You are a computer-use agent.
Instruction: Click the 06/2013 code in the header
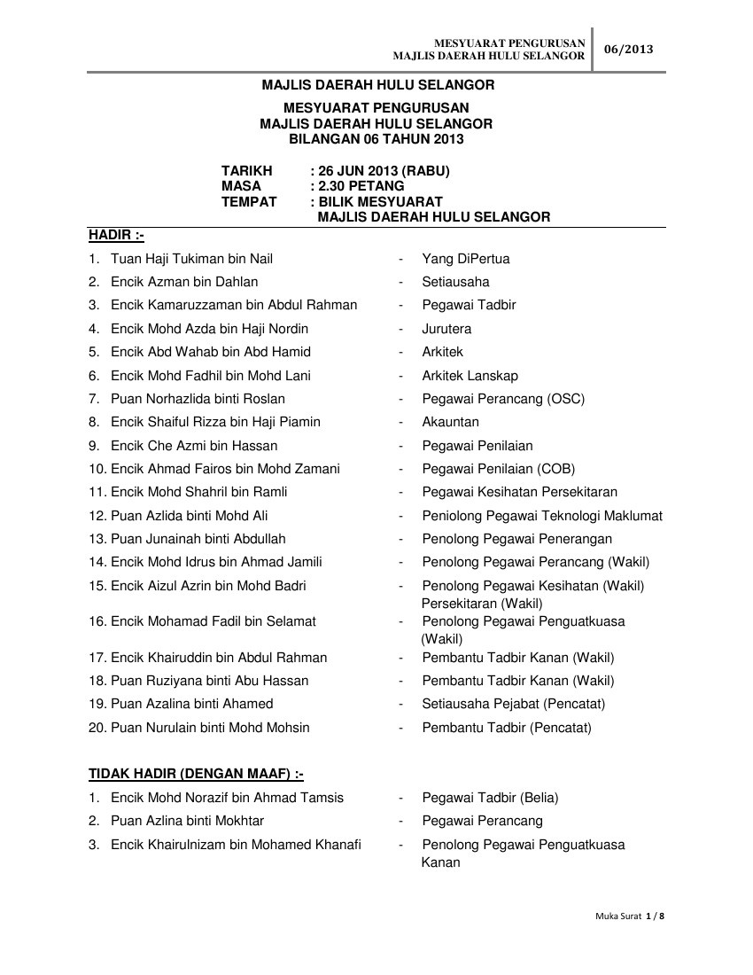[x=628, y=50]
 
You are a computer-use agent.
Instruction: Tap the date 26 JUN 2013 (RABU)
[x=383, y=171]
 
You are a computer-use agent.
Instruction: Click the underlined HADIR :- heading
[x=116, y=235]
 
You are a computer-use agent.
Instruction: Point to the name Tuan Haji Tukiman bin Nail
[x=191, y=259]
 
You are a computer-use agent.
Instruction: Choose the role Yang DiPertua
[x=465, y=259]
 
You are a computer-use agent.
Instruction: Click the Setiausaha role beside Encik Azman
[x=455, y=282]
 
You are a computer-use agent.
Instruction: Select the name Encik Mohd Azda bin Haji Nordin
[x=209, y=329]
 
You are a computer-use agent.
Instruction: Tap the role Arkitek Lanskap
[x=470, y=376]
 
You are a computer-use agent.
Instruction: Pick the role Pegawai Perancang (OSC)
[x=503, y=399]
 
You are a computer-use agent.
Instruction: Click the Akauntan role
[x=450, y=422]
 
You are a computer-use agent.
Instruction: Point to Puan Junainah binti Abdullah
[x=198, y=539]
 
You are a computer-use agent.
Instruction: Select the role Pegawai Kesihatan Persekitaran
[x=519, y=492]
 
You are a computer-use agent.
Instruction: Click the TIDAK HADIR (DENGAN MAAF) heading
[x=196, y=774]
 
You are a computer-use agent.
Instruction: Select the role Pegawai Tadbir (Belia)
[x=490, y=798]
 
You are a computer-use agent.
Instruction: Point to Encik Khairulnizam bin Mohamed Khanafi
[x=236, y=845]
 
